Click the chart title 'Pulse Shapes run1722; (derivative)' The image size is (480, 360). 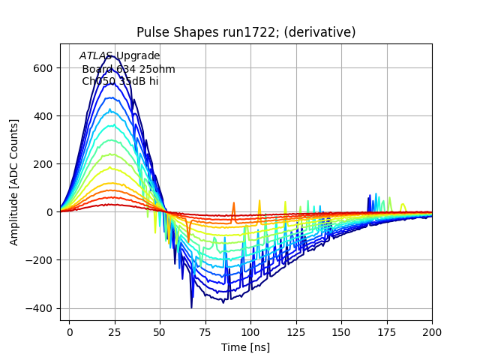coord(246,32)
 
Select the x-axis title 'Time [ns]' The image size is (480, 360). coord(245,347)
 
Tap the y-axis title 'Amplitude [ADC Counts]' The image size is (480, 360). coord(14,181)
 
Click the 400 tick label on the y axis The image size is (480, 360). coord(43,116)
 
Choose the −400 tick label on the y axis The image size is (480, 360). coord(40,308)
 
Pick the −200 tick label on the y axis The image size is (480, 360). coord(40,260)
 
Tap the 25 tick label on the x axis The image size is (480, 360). coord(115,331)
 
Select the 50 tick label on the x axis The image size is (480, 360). coord(160,331)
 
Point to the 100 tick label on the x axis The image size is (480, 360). coord(250,331)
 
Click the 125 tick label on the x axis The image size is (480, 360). coord(296,331)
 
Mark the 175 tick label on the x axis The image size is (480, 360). coord(387,331)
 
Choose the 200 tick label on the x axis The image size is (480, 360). coord(432,331)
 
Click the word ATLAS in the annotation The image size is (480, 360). coord(96,56)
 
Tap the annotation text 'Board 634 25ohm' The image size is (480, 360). coord(128,69)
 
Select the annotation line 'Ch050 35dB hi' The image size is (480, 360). coord(120,81)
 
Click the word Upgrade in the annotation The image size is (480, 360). coord(137,56)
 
